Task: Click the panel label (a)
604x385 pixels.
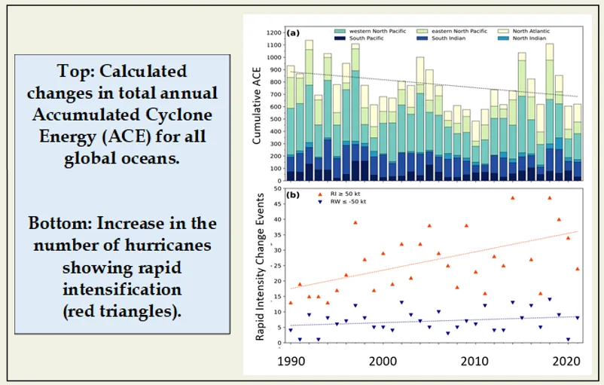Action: pyautogui.click(x=293, y=33)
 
